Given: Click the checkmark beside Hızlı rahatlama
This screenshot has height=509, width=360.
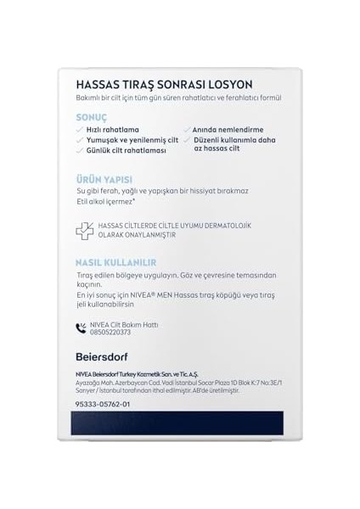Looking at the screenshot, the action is (79, 129).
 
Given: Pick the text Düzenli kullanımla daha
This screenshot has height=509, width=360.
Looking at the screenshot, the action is (237, 139).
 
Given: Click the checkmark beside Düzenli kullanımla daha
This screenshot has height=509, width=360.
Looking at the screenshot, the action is (187, 140).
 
